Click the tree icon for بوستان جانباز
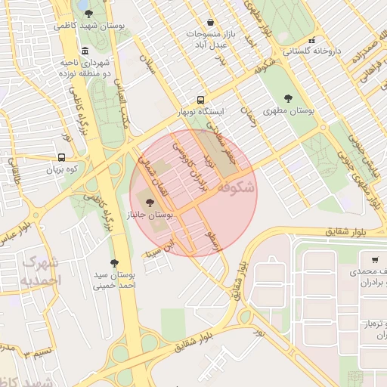tap(150, 202)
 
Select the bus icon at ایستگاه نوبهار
tap(200, 100)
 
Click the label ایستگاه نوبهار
tap(200, 112)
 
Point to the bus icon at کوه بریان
tap(61, 159)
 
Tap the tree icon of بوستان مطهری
tap(288, 98)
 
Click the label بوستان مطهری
tap(288, 110)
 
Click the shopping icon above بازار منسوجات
tap(209, 22)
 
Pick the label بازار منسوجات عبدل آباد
tap(208, 39)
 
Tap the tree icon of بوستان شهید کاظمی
tap(89, 14)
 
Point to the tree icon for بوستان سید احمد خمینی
tap(114, 263)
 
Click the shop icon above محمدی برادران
tap(354, 259)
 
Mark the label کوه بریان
tap(61, 171)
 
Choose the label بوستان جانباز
tap(150, 215)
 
